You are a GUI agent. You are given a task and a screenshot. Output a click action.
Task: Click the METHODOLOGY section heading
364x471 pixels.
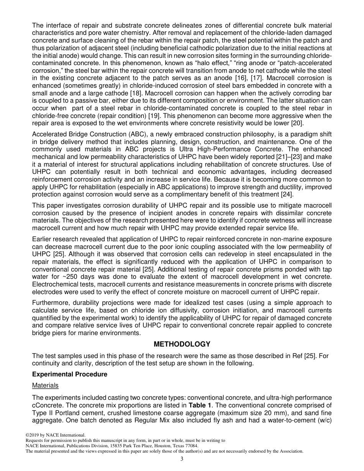182,344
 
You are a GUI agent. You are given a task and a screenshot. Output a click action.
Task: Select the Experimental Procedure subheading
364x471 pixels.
69,374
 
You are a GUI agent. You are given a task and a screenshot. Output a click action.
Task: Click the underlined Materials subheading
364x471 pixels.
45,385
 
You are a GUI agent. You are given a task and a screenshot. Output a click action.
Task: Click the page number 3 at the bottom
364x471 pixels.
182,459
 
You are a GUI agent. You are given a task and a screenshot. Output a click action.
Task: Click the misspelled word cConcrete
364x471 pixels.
47,405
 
